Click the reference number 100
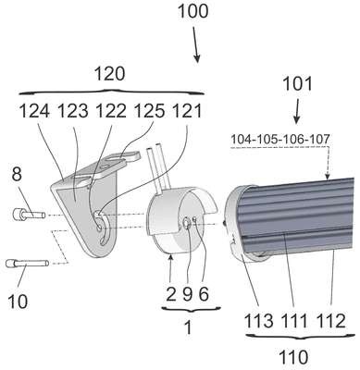(x=193, y=11)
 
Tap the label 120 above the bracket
(x=110, y=74)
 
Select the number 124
(x=34, y=111)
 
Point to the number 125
(x=149, y=111)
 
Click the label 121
(x=187, y=111)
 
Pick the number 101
(x=297, y=83)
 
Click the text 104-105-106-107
(x=280, y=139)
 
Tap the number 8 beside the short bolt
(x=17, y=174)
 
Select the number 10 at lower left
(x=18, y=302)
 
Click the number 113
(x=259, y=321)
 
